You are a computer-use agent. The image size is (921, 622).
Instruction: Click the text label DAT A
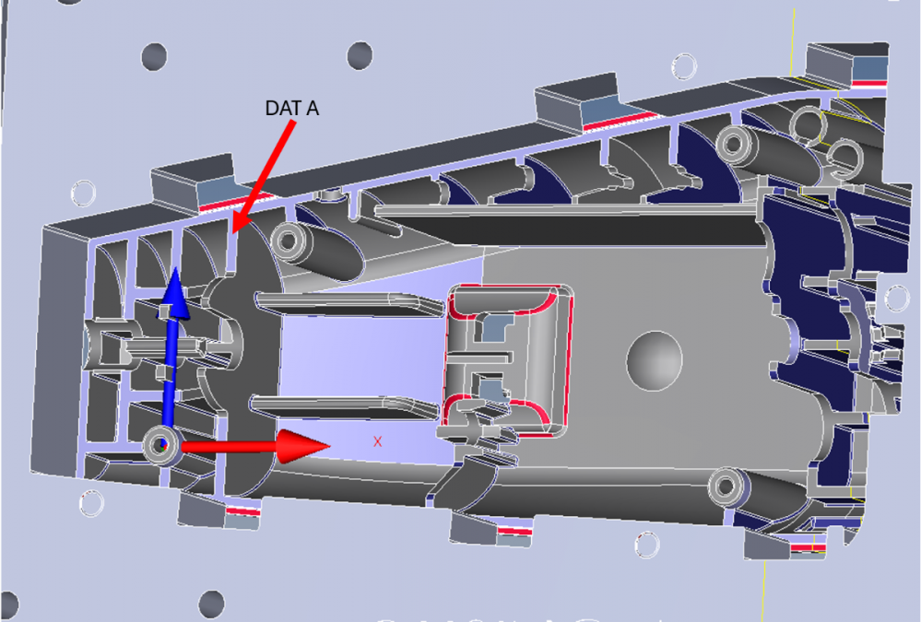(x=292, y=108)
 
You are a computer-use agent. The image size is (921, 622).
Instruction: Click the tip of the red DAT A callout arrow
(x=233, y=233)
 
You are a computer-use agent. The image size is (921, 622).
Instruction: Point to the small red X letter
(x=377, y=441)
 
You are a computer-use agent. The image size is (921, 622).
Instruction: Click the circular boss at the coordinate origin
(x=161, y=446)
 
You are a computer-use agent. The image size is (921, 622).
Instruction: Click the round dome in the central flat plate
(x=655, y=360)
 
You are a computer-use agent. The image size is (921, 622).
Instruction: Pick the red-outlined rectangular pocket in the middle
(x=506, y=360)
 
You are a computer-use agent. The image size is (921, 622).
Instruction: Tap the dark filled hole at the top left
(x=155, y=56)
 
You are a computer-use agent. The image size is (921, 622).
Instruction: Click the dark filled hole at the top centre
(x=360, y=55)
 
